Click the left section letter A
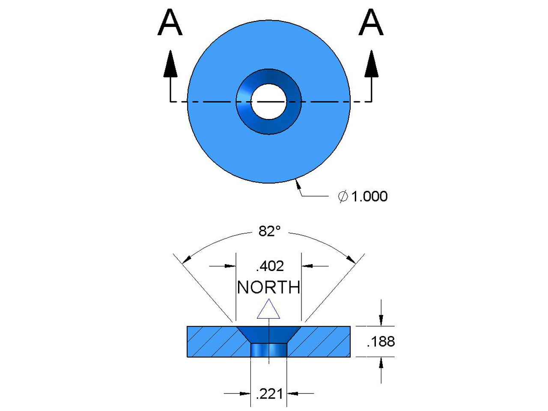pos(170,24)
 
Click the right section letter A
pos(371,24)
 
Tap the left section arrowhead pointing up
pos(170,64)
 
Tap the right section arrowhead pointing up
pos(371,64)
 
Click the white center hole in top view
pos(269,101)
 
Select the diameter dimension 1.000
pos(369,197)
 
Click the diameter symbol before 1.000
pos(343,197)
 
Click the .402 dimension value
pos(270,266)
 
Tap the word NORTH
pos(269,287)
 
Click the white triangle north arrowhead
pos(268,310)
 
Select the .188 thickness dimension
pos(381,342)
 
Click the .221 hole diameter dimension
pos(269,393)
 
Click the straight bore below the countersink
pos(268,350)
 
